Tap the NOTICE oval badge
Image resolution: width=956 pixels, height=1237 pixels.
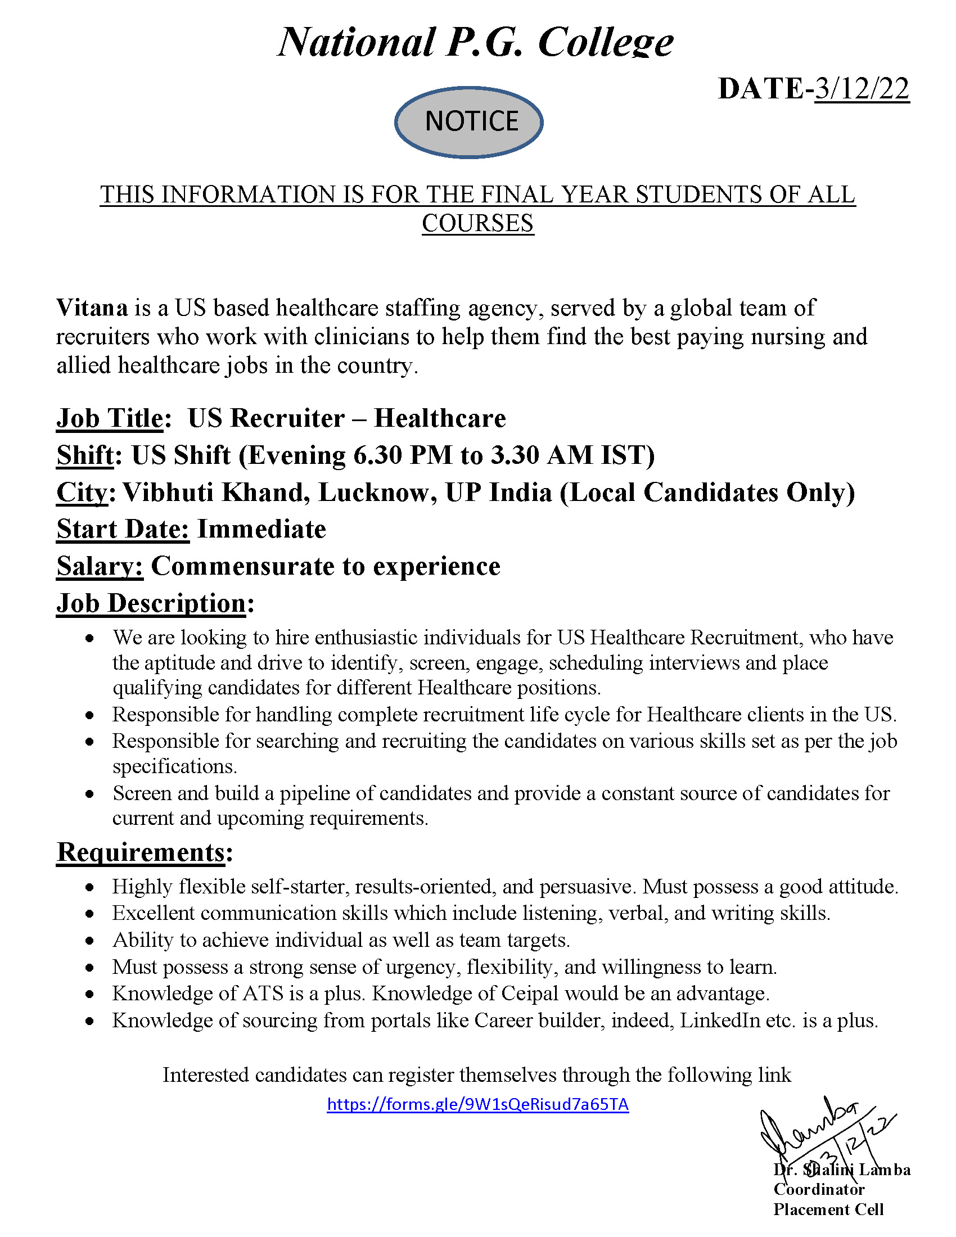[469, 122]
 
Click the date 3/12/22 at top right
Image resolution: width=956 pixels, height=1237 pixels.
[862, 89]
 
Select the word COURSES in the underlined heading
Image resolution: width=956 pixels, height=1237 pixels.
[477, 223]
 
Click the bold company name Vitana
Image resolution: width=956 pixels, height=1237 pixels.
[92, 308]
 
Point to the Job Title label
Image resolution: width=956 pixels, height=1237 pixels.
[110, 418]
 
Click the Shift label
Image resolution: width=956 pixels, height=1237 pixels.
[85, 455]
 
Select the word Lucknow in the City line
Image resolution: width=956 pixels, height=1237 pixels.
[377, 493]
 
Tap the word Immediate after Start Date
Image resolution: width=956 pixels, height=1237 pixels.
[261, 530]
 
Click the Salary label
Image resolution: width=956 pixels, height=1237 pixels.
[100, 566]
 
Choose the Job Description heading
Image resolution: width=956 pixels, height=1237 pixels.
[151, 603]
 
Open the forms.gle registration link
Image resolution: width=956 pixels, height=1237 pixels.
[477, 1104]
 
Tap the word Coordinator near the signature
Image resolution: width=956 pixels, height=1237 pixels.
[819, 1189]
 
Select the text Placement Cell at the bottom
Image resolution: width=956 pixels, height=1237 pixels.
[828, 1209]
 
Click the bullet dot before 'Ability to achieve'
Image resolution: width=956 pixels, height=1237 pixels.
[89, 941]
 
